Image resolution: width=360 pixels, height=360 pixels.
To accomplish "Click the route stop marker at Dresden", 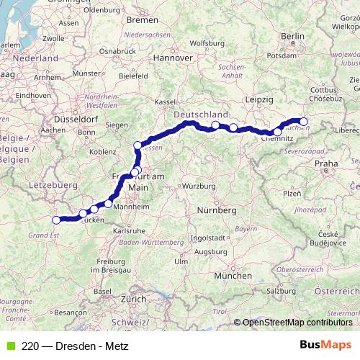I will click(x=304, y=122).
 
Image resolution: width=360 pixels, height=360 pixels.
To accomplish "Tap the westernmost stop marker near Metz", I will click(x=56, y=220).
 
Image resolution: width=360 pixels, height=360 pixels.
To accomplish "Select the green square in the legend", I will click(x=10, y=346).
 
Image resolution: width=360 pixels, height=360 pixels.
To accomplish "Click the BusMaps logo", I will click(x=325, y=345).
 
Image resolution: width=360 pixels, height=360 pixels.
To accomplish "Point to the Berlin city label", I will click(x=293, y=35).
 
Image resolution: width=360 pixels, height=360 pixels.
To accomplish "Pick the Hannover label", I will click(x=176, y=57).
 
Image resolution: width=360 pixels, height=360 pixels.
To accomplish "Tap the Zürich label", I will click(x=132, y=298).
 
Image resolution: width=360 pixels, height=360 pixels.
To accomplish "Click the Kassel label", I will click(x=165, y=102).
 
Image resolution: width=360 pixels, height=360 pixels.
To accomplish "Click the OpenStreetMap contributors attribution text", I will click(x=297, y=323).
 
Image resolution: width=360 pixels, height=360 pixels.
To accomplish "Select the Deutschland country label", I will click(x=201, y=114).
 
